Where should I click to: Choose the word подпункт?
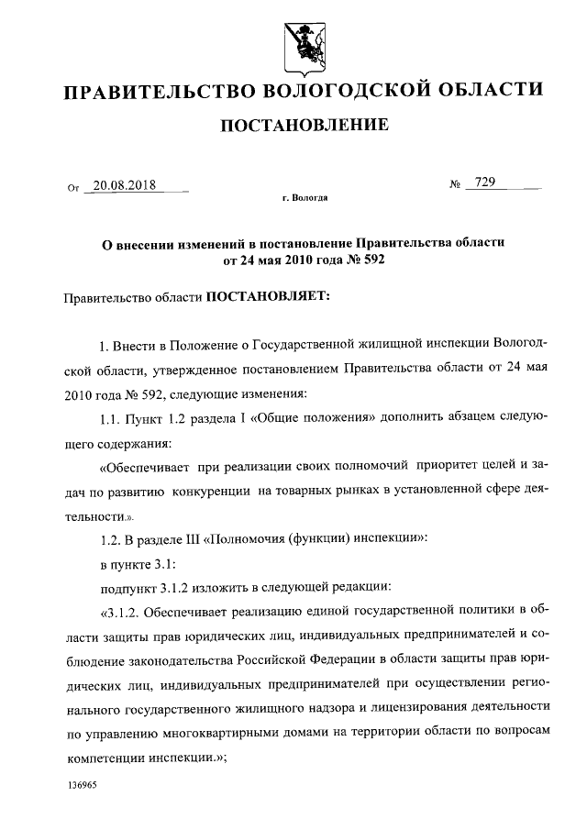pyautogui.click(x=129, y=586)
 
